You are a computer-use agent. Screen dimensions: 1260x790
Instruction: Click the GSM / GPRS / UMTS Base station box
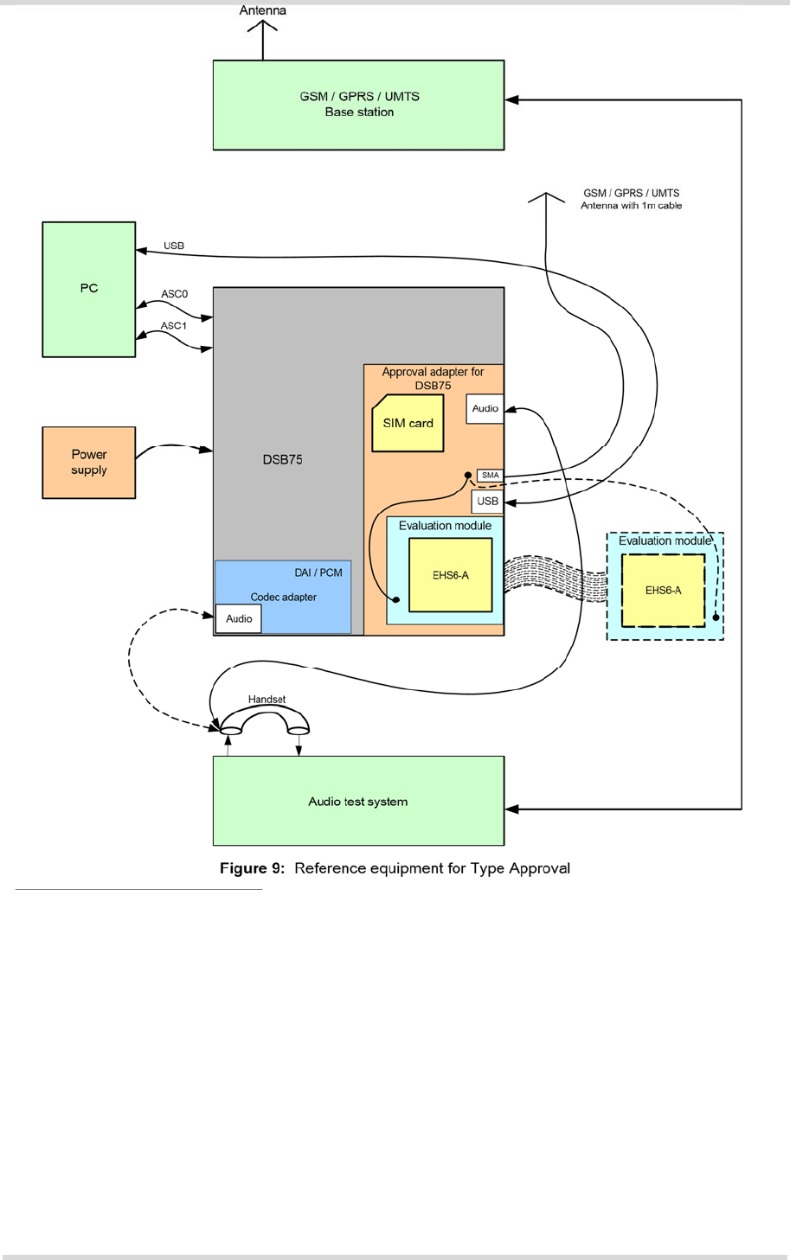pyautogui.click(x=358, y=105)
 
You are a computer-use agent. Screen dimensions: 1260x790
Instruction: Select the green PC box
pyautogui.click(x=89, y=289)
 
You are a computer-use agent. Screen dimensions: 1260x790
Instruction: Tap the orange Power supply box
pyautogui.click(x=89, y=462)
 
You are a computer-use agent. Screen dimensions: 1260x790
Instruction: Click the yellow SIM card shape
pyautogui.click(x=408, y=424)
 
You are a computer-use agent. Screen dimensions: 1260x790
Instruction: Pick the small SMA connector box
pyautogui.click(x=491, y=476)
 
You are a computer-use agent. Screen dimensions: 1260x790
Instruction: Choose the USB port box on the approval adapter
pyautogui.click(x=488, y=502)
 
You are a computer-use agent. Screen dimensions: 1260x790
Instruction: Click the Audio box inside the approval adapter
pyautogui.click(x=485, y=409)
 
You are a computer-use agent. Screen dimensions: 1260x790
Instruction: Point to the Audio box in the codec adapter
pyautogui.click(x=239, y=619)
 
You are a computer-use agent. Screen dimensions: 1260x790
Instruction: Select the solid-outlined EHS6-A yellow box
pyautogui.click(x=451, y=575)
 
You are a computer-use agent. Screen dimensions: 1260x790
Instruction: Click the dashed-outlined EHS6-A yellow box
pyautogui.click(x=663, y=591)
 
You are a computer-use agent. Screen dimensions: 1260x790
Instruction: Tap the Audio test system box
pyautogui.click(x=358, y=802)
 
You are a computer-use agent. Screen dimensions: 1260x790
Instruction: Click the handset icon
pyautogui.click(x=265, y=721)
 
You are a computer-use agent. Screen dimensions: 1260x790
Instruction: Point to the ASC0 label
pyautogui.click(x=174, y=294)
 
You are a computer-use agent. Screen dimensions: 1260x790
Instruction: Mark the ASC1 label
pyautogui.click(x=174, y=326)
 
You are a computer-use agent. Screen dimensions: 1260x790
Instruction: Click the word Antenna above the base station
pyautogui.click(x=263, y=10)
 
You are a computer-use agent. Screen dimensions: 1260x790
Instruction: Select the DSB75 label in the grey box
pyautogui.click(x=282, y=460)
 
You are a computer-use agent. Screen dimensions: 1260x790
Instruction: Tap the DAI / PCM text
pyautogui.click(x=318, y=572)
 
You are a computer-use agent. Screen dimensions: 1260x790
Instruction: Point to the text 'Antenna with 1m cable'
pyautogui.click(x=631, y=206)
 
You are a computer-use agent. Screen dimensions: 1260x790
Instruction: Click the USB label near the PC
pyautogui.click(x=174, y=246)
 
